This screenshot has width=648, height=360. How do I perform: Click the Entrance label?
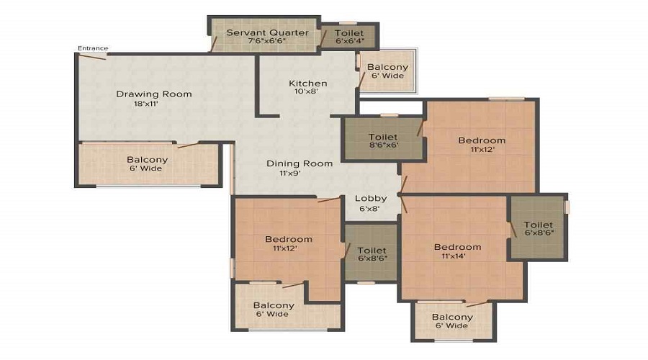tap(93, 48)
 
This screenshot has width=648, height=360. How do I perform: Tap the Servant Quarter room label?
tap(267, 32)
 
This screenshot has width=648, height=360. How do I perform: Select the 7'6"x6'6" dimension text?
tap(266, 41)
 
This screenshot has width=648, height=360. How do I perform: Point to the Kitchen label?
tap(308, 84)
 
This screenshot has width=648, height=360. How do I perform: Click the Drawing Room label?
tap(154, 94)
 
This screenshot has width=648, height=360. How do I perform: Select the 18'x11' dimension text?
tap(146, 104)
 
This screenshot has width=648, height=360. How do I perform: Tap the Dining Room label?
tap(300, 163)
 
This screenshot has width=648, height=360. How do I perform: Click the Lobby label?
tap(371, 199)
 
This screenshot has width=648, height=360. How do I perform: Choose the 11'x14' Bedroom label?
tap(457, 247)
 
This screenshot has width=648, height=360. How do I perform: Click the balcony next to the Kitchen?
tap(387, 71)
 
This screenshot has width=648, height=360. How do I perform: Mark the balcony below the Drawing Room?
tap(148, 164)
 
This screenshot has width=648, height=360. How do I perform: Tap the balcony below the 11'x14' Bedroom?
tap(454, 321)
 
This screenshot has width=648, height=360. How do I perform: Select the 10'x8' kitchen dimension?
tap(306, 91)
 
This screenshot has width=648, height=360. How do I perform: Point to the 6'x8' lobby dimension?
tap(369, 209)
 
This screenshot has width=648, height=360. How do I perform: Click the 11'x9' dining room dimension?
tap(289, 174)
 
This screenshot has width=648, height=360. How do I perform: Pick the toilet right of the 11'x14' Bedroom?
tap(538, 228)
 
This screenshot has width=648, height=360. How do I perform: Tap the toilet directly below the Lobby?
tap(371, 253)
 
